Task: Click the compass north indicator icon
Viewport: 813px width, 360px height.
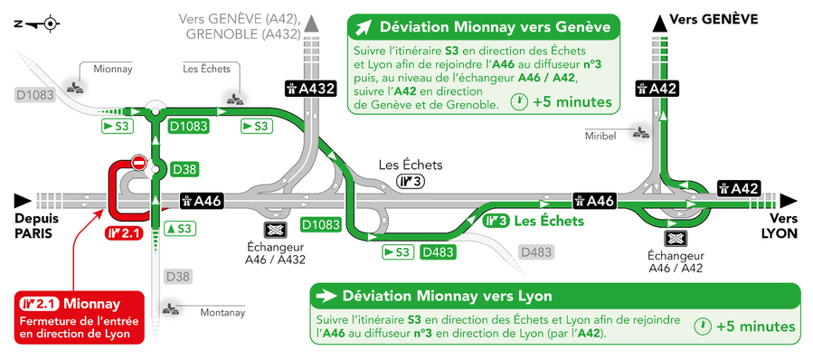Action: click(x=37, y=24)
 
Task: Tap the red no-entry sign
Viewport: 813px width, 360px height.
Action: click(x=138, y=163)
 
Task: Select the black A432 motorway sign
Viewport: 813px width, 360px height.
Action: click(x=310, y=89)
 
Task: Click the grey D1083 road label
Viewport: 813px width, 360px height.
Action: click(x=34, y=95)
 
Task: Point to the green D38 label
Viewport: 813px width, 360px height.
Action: click(x=185, y=170)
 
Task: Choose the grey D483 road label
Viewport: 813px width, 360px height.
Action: click(x=536, y=252)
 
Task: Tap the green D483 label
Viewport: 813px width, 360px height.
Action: click(x=438, y=252)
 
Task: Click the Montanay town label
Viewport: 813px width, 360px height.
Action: click(x=222, y=313)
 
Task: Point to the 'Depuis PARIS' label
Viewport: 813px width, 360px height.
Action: click(x=36, y=226)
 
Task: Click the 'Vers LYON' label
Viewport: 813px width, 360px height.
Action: click(x=780, y=225)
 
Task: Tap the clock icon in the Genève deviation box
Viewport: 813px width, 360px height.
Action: click(x=519, y=102)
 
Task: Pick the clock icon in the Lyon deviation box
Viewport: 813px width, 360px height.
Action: click(x=702, y=327)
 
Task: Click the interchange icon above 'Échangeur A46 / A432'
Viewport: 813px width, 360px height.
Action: click(x=275, y=231)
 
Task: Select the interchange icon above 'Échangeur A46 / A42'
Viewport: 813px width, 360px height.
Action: click(x=676, y=239)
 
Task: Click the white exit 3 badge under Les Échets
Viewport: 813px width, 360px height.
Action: click(x=411, y=181)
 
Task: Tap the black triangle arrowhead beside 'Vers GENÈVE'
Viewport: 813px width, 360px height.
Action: click(x=659, y=23)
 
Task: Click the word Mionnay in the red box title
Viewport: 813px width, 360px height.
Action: click(x=91, y=303)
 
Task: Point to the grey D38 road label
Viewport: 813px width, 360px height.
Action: click(x=178, y=277)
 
